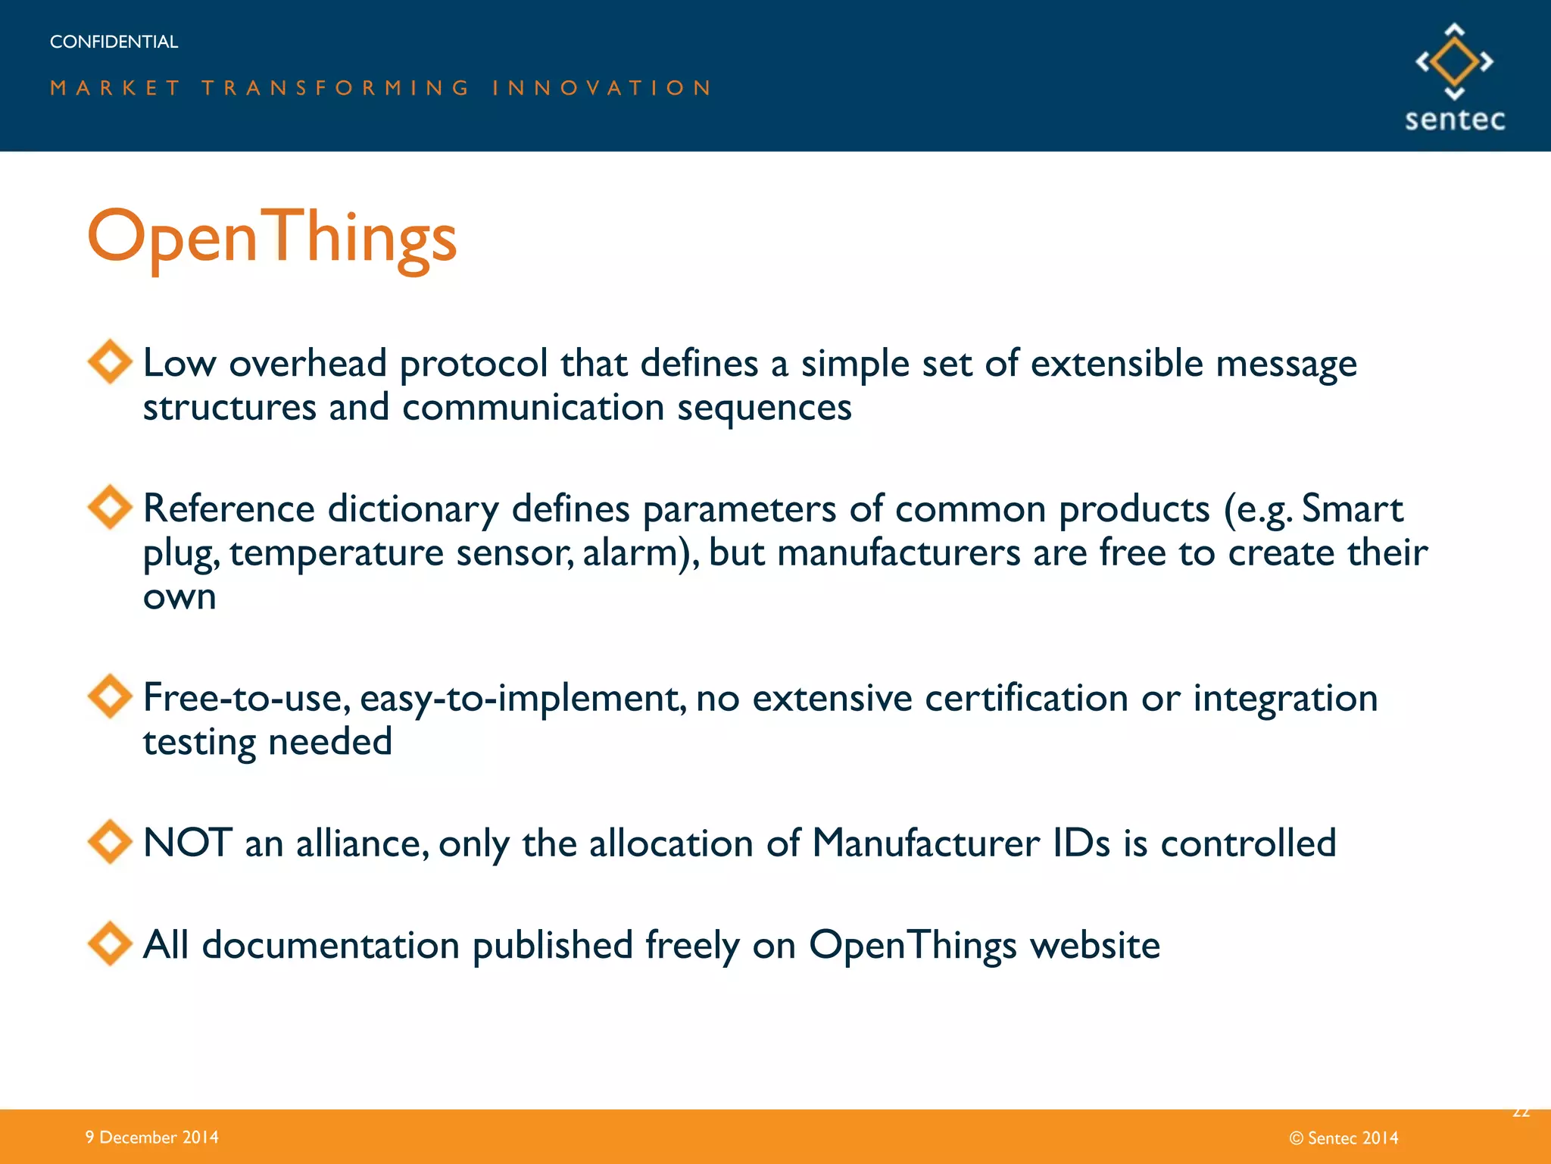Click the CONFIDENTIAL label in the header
point(114,42)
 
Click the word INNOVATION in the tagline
point(602,88)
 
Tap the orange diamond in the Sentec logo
point(1454,61)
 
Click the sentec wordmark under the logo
point(1454,120)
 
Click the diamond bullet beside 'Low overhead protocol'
point(111,361)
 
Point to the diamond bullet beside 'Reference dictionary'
point(111,507)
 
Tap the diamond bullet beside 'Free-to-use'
point(111,696)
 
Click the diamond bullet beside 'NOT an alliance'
point(111,841)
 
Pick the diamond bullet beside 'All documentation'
point(111,943)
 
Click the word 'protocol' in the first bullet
point(473,364)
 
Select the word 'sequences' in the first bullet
point(764,408)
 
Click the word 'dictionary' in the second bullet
point(413,509)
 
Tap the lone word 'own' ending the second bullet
point(179,598)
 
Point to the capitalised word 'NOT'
point(187,843)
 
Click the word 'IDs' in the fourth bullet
point(1081,843)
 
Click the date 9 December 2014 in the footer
point(151,1137)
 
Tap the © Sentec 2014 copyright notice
point(1343,1137)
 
